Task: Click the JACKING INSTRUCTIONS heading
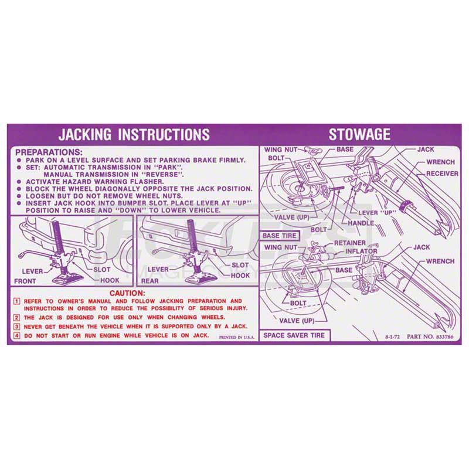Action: pyautogui.click(x=134, y=134)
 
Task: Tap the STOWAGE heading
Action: pyautogui.click(x=359, y=134)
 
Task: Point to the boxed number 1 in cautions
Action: pyautogui.click(x=18, y=301)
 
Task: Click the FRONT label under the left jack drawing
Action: pyautogui.click(x=26, y=281)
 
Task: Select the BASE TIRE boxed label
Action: pyautogui.click(x=280, y=236)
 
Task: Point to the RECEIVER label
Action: pyautogui.click(x=442, y=174)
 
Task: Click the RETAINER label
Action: pyautogui.click(x=349, y=243)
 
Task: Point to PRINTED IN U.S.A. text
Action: pyautogui.click(x=237, y=338)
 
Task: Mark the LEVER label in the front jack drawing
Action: pyautogui.click(x=33, y=271)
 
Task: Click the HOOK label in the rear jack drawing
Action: pyautogui.click(x=240, y=275)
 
